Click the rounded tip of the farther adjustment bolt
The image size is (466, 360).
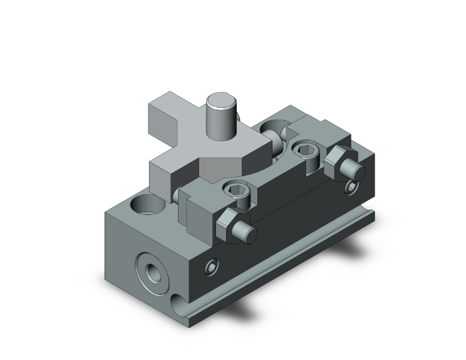354,173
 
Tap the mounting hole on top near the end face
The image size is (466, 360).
143,205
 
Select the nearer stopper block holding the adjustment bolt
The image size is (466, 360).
200,210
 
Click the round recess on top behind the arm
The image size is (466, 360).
276,131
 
